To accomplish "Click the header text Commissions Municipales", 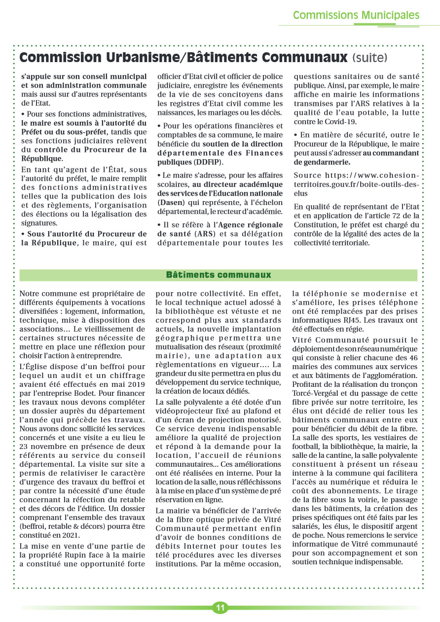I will tap(356, 15).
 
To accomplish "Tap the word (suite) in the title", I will tap(370, 58).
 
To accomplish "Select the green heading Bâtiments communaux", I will tap(219, 275).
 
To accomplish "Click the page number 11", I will tap(220, 608).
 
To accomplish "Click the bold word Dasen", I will tap(170, 202).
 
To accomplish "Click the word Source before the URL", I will tap(307, 175).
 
